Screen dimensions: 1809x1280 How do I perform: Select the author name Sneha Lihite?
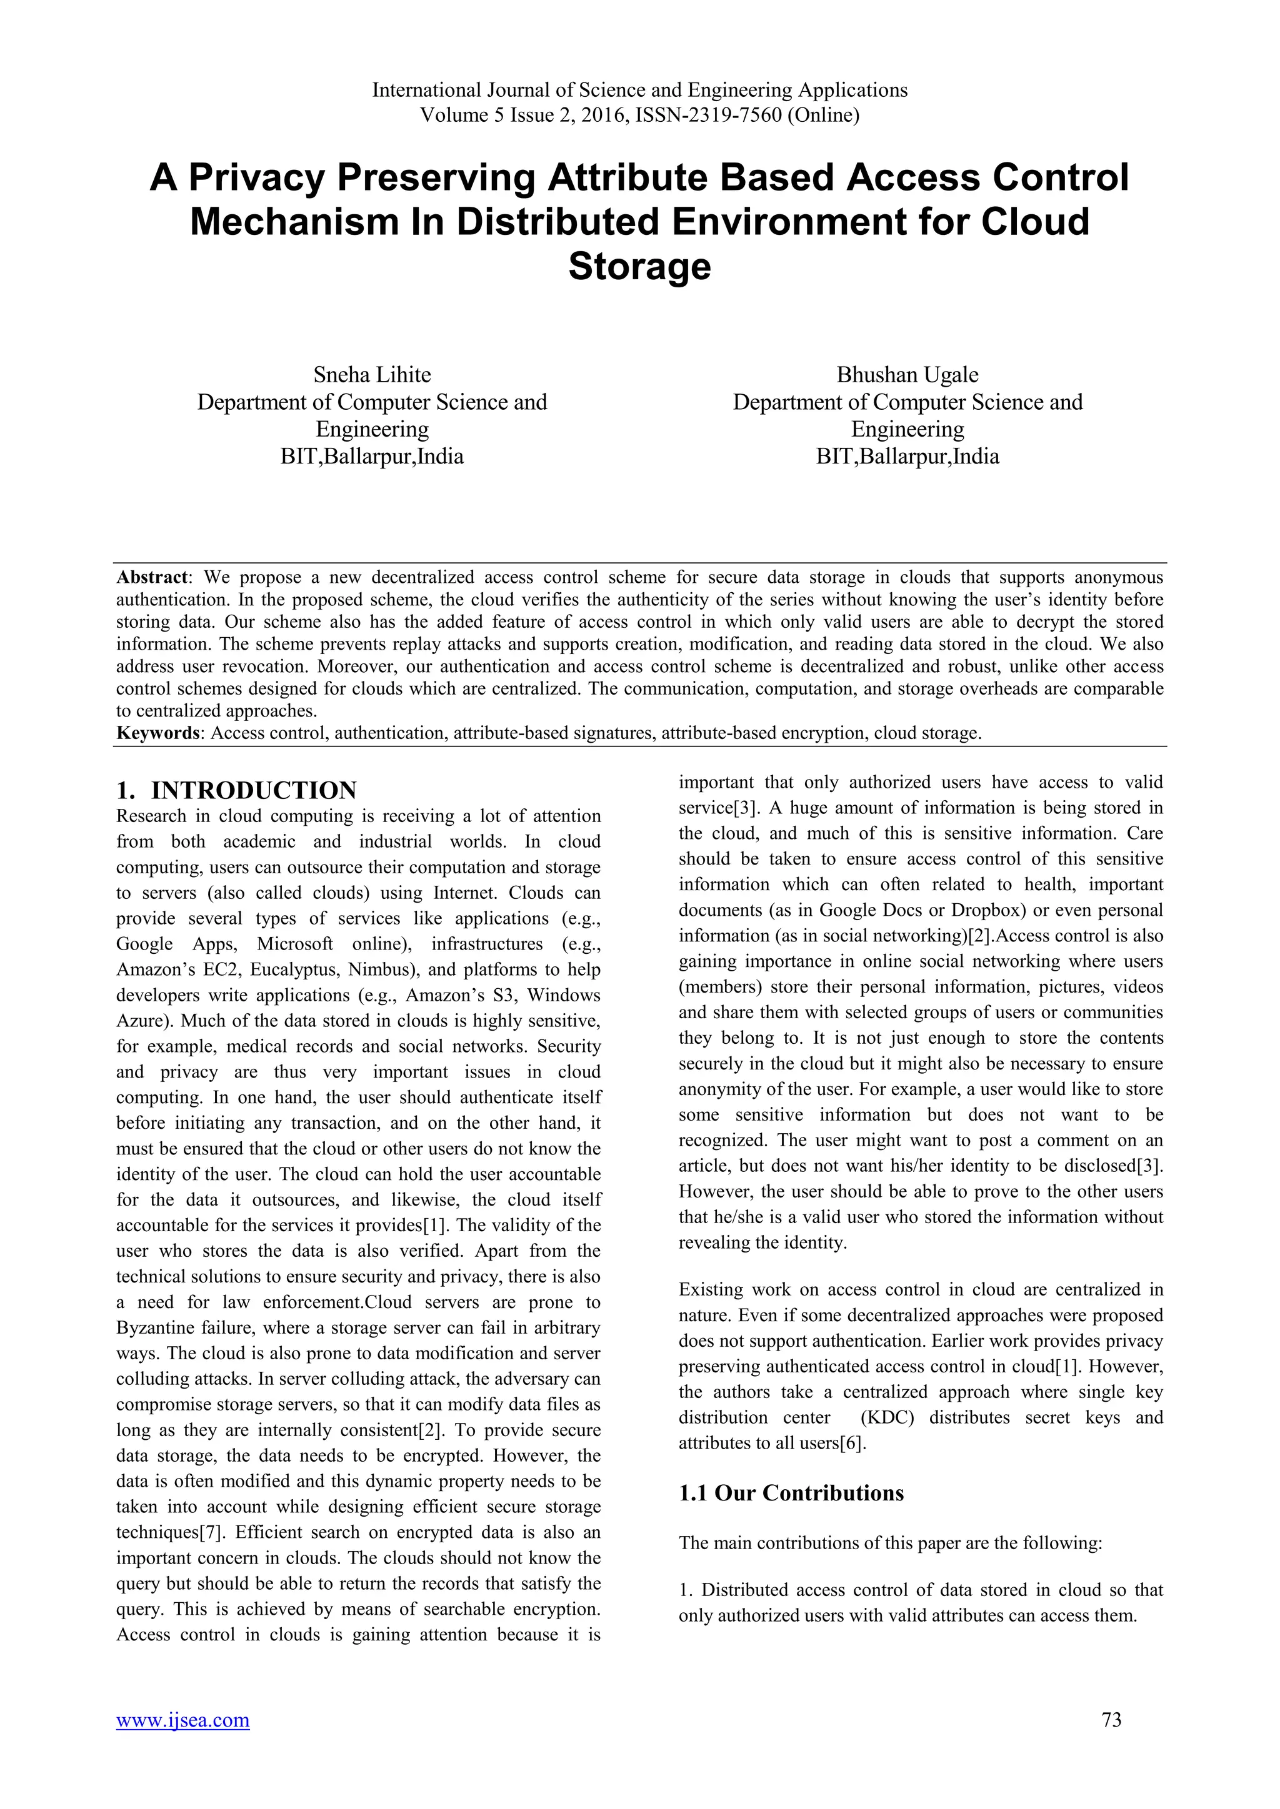[372, 374]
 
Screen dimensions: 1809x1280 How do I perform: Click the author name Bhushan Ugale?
[907, 374]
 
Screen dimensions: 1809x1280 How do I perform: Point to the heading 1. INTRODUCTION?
[236, 790]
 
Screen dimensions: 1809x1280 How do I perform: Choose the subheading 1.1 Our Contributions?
[791, 1493]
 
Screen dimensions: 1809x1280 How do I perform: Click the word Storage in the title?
[639, 266]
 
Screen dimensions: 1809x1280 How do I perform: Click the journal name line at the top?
[639, 90]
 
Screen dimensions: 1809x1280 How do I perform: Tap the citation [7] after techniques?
[211, 1532]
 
